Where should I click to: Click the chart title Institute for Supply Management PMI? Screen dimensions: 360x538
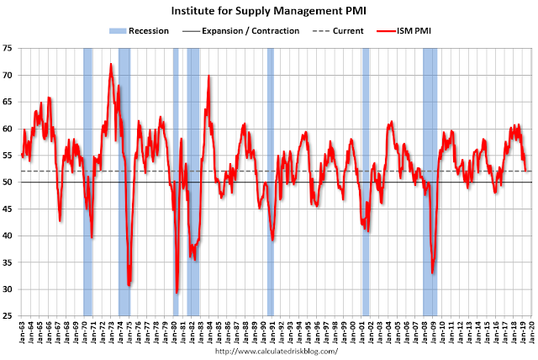click(x=269, y=12)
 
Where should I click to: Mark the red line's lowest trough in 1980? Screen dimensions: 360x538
click(x=177, y=293)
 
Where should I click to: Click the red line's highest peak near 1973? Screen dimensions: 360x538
click(x=111, y=64)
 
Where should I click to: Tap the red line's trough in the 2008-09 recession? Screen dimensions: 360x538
click(x=432, y=273)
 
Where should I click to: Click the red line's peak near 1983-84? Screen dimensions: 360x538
click(x=208, y=77)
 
